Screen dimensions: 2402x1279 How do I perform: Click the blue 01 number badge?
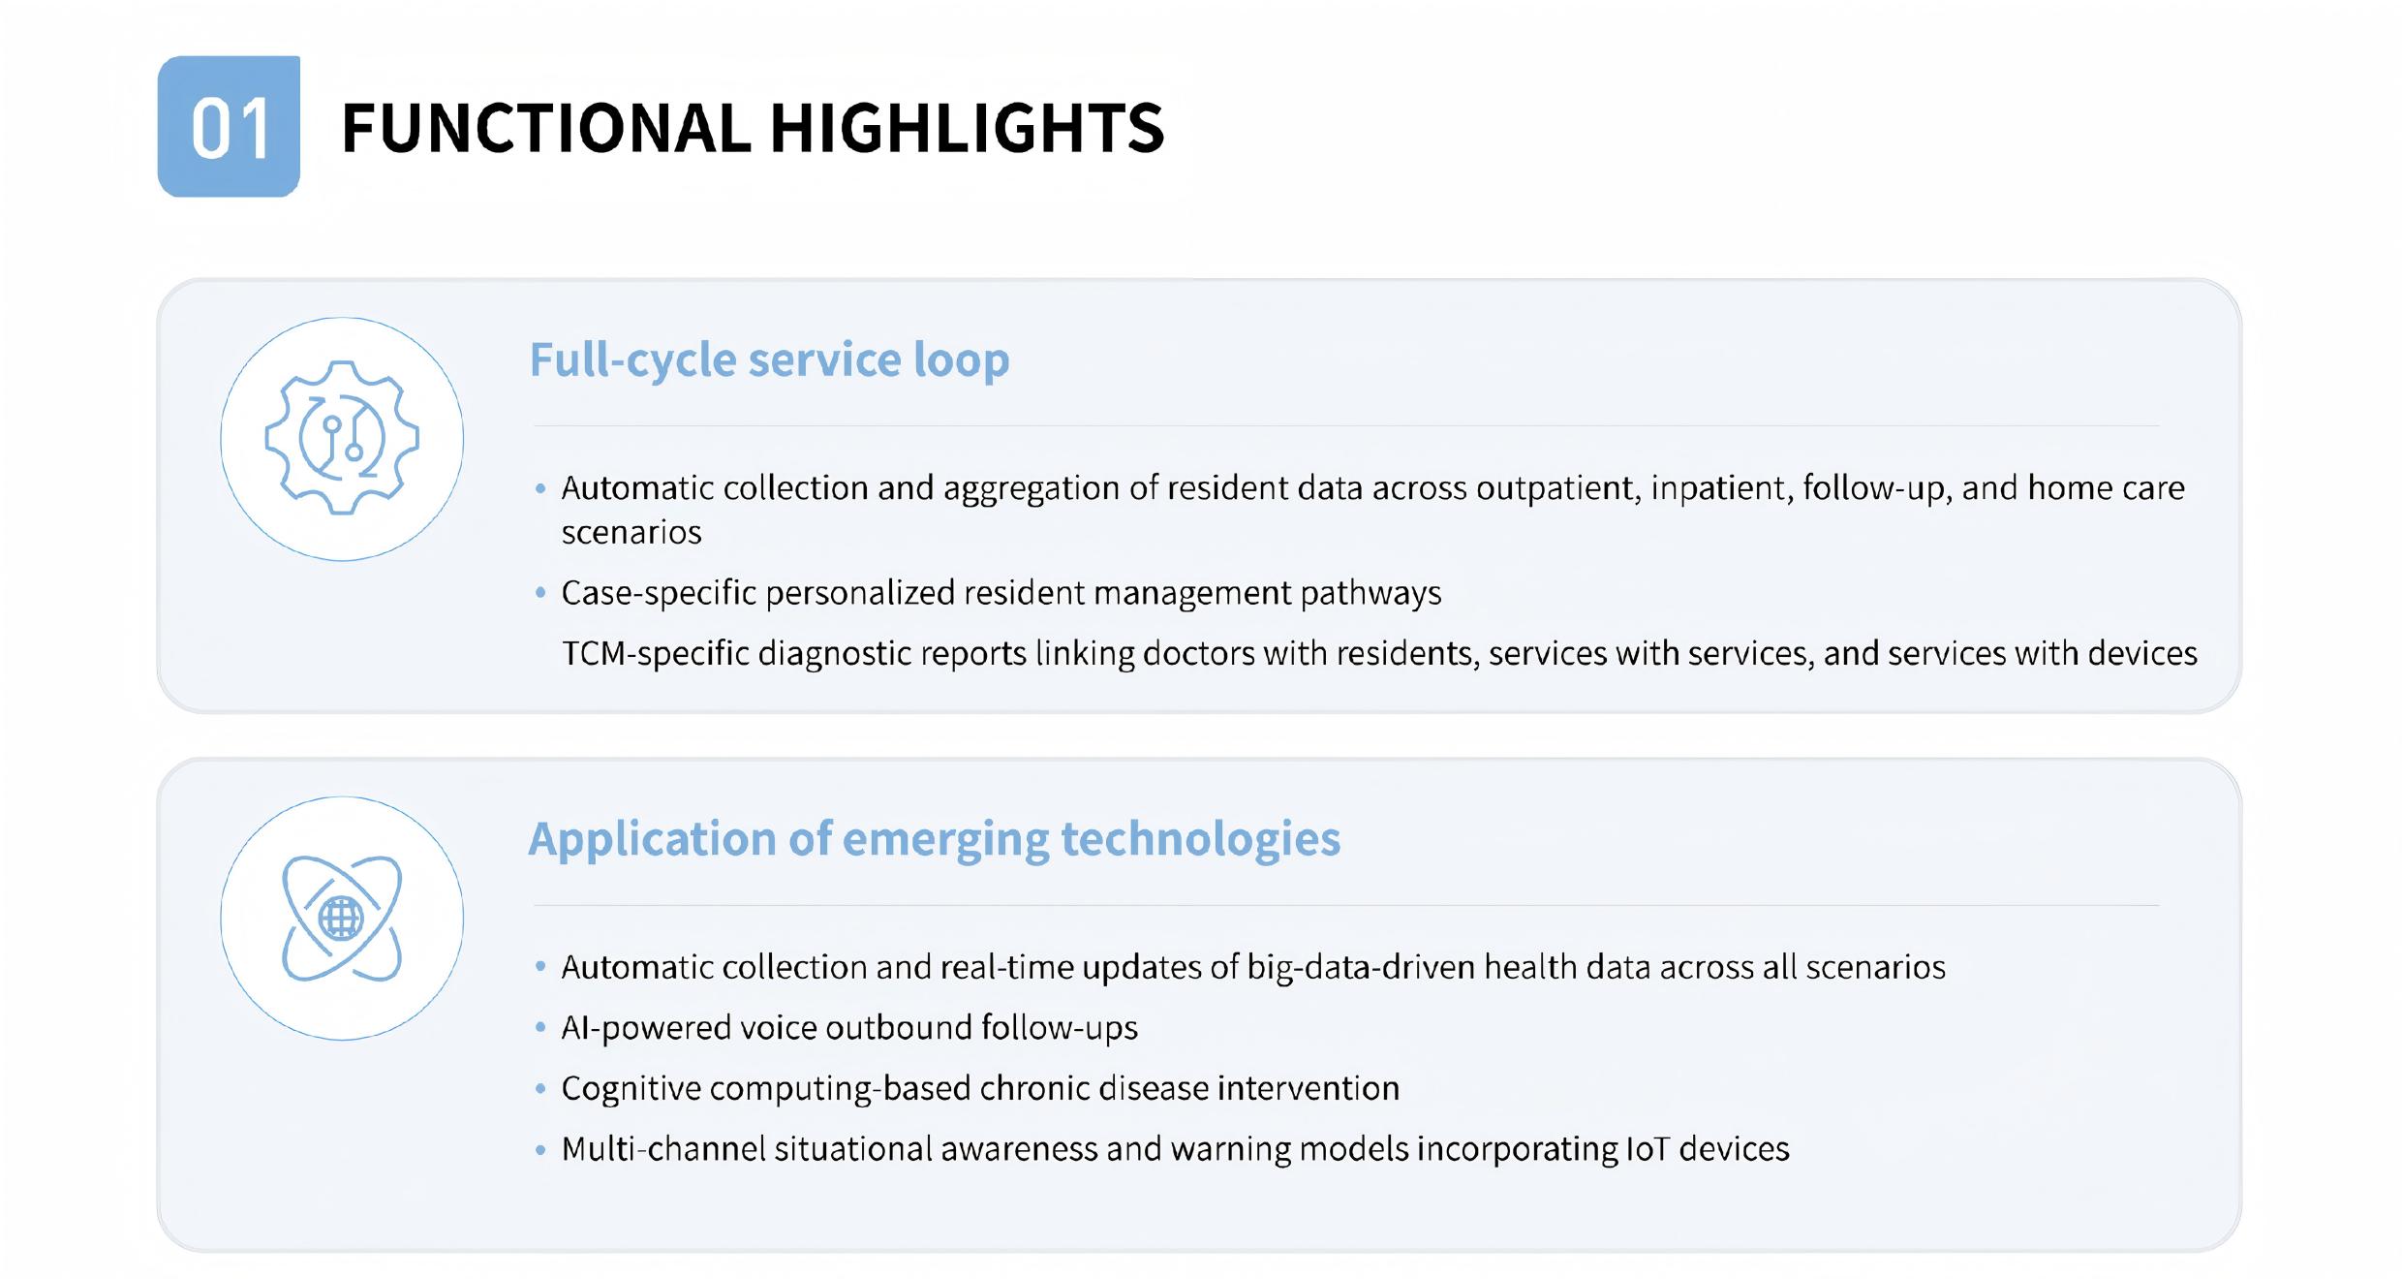coord(229,127)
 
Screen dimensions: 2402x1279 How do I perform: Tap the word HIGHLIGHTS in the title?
coord(967,128)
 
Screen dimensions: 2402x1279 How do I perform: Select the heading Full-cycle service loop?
coord(769,359)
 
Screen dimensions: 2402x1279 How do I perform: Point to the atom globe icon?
coord(342,919)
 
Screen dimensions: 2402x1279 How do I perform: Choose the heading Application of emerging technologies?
coord(934,839)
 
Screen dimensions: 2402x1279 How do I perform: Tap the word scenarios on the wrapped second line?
coord(631,533)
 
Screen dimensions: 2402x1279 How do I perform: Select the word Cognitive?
coord(631,1089)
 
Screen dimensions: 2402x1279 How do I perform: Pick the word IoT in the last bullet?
coord(1648,1149)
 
